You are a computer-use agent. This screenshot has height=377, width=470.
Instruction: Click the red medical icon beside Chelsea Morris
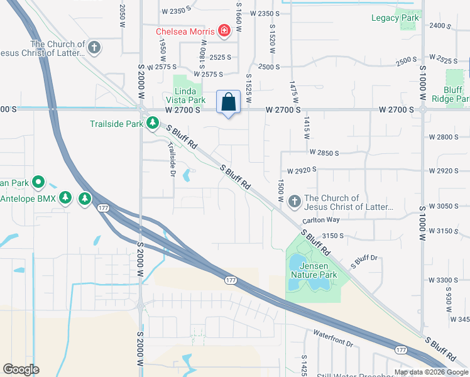[x=223, y=30]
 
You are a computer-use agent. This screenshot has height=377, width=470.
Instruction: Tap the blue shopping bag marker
[x=229, y=102]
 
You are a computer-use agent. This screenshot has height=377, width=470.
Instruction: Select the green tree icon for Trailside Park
[x=152, y=124]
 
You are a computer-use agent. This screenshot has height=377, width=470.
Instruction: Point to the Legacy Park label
[x=395, y=18]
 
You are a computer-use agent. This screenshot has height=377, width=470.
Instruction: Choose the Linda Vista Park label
[x=185, y=95]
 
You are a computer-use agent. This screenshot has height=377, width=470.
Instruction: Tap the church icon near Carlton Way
[x=294, y=202]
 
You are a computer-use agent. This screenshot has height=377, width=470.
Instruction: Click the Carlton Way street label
[x=320, y=220]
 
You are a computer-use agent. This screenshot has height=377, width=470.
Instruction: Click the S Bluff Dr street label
[x=364, y=261]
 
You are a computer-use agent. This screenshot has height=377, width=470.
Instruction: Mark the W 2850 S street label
[x=324, y=153]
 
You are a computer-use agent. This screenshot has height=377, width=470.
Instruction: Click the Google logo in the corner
[x=21, y=369]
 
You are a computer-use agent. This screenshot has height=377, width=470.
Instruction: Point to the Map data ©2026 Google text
[x=431, y=372]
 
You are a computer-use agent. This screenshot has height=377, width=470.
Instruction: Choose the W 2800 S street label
[x=449, y=137]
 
